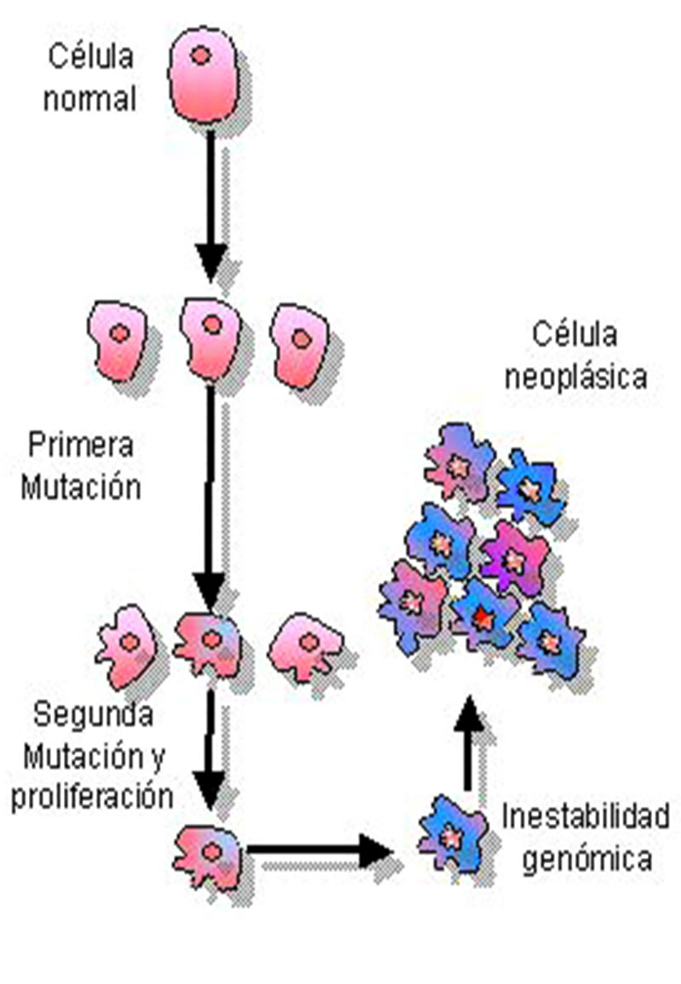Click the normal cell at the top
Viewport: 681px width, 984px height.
click(x=203, y=83)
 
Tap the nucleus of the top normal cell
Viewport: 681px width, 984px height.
click(x=201, y=56)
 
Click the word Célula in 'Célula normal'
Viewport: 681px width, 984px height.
click(x=90, y=59)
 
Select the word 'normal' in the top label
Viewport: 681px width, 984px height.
click(x=89, y=99)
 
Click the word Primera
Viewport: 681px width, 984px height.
click(x=80, y=445)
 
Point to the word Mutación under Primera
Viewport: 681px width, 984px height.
click(x=80, y=488)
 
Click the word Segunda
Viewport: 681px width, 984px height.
click(x=94, y=713)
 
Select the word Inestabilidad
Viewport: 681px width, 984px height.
click(x=585, y=816)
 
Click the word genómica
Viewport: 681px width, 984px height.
click(x=587, y=860)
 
